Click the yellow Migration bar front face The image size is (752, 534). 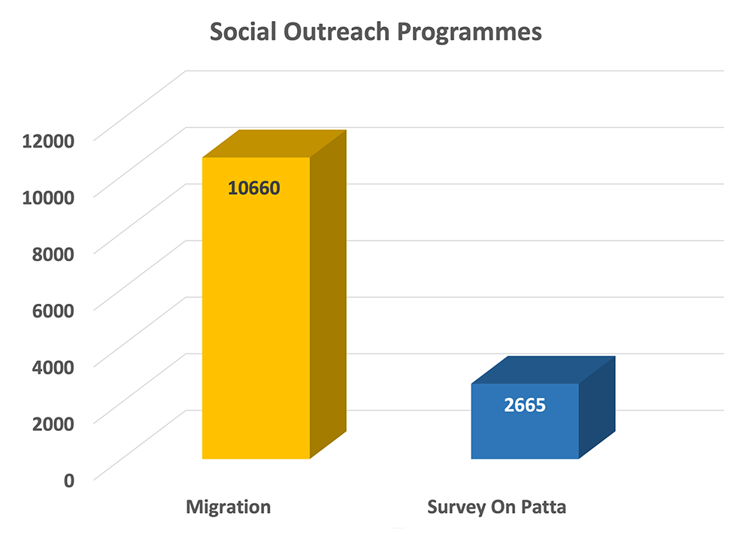pyautogui.click(x=256, y=308)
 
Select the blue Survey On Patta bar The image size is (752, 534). pyautogui.click(x=543, y=408)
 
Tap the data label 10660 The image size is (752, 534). pyautogui.click(x=253, y=188)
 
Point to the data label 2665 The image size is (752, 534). pyautogui.click(x=525, y=405)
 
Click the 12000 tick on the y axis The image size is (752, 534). pyautogui.click(x=48, y=141)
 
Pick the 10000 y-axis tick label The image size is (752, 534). pyautogui.click(x=48, y=198)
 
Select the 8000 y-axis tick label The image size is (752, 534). pyautogui.click(x=53, y=254)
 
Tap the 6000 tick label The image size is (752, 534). pyautogui.click(x=53, y=311)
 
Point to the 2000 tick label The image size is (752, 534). pyautogui.click(x=53, y=424)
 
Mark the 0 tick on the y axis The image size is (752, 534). pyautogui.click(x=69, y=481)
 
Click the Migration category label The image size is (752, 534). pyautogui.click(x=229, y=508)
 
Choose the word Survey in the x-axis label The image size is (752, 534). pyautogui.click(x=456, y=508)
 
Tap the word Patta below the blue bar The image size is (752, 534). pyautogui.click(x=544, y=507)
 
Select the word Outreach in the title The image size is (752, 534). pyautogui.click(x=336, y=32)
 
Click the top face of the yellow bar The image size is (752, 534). pyautogui.click(x=274, y=144)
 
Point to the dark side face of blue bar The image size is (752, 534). pyautogui.click(x=597, y=408)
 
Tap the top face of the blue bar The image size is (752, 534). pyautogui.click(x=543, y=370)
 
